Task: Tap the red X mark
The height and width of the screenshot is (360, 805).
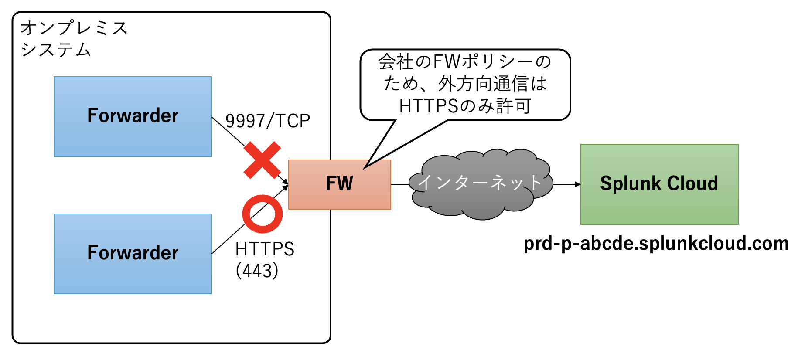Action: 262,160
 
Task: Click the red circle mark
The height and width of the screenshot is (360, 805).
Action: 263,214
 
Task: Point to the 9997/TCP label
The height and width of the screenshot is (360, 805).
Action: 267,121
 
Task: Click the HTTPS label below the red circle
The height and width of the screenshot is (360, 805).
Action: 265,249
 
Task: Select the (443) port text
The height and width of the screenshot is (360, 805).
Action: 257,271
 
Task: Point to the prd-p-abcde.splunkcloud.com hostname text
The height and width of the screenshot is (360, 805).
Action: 656,243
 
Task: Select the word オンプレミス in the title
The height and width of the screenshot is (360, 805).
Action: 74,28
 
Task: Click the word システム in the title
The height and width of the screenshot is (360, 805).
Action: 56,50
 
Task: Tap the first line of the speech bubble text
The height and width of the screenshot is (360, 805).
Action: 465,62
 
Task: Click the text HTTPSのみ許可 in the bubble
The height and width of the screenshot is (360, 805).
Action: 465,106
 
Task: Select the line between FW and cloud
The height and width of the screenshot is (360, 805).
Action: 400,184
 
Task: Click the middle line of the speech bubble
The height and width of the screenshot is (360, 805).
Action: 465,84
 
